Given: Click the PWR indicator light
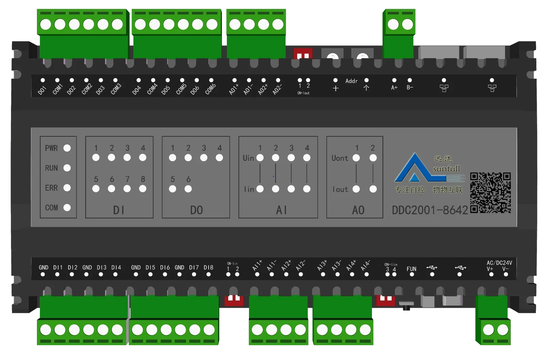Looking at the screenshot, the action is (67, 148).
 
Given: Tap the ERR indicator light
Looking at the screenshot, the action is (67, 188).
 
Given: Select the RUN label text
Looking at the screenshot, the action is (52, 168).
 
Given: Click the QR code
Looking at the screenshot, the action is (490, 193).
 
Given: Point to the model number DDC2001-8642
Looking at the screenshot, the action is (430, 210).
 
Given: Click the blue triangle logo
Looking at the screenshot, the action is (415, 169).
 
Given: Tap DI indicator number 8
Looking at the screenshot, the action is (143, 189).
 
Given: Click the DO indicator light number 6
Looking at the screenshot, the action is (188, 189).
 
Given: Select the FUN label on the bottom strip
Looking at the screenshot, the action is (412, 269).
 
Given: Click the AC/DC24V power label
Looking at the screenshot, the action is (499, 263).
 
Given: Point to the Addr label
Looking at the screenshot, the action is (351, 81).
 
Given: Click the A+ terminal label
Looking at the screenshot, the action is (394, 88).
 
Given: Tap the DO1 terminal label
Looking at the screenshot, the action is (42, 90).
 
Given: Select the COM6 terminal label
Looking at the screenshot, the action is (210, 89).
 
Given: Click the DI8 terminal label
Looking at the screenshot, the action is (208, 267).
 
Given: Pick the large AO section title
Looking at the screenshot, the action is (358, 210).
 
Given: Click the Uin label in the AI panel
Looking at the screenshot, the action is (248, 158).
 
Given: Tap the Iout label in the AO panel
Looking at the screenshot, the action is (340, 189).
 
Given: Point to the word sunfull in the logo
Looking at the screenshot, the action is (446, 168).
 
